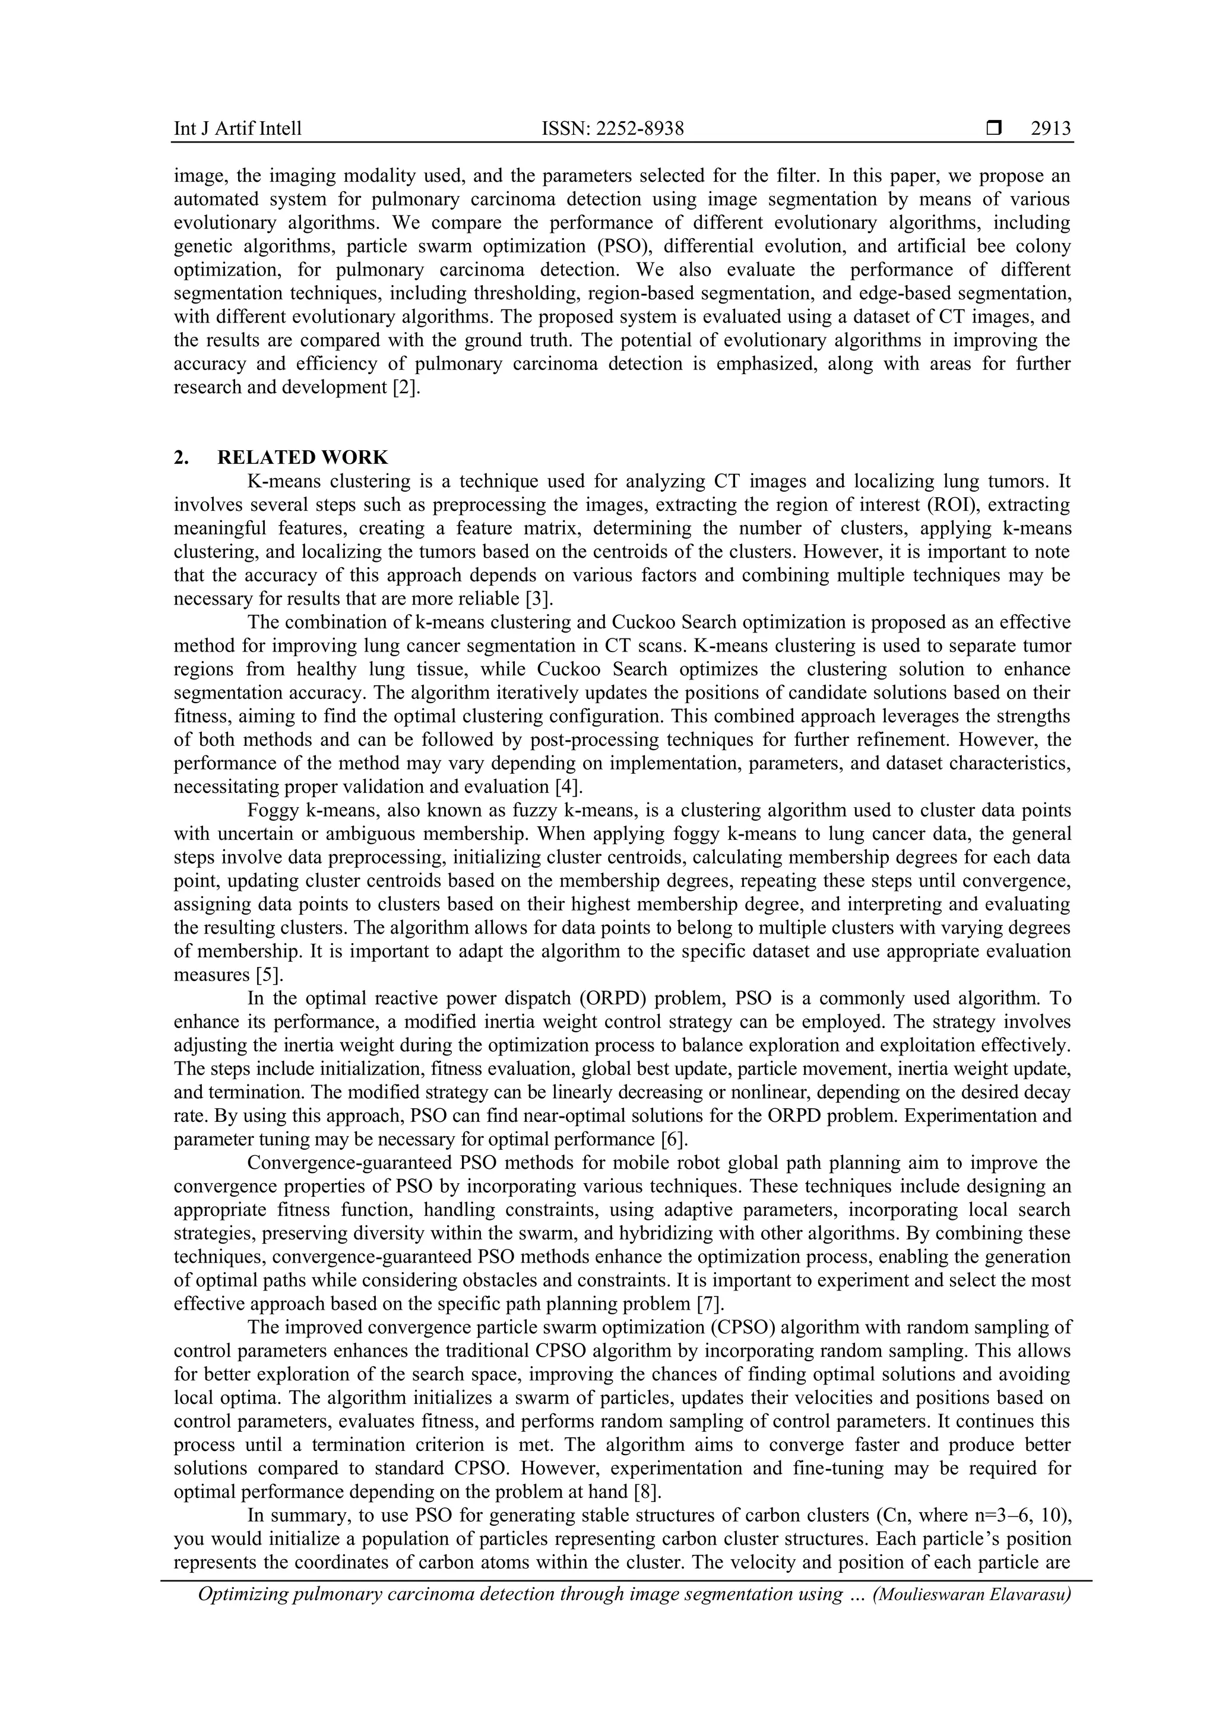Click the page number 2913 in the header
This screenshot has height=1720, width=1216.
pos(1050,129)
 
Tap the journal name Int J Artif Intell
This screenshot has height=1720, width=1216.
pos(237,129)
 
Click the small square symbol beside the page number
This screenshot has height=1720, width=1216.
pos(993,129)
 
